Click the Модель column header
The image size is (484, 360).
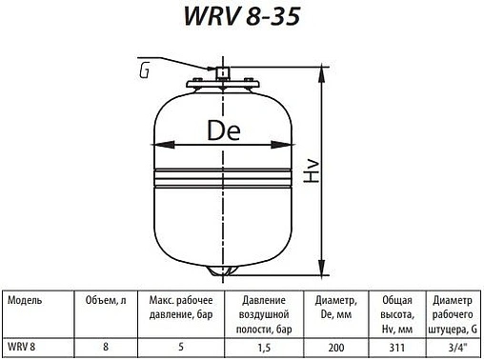24,298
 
